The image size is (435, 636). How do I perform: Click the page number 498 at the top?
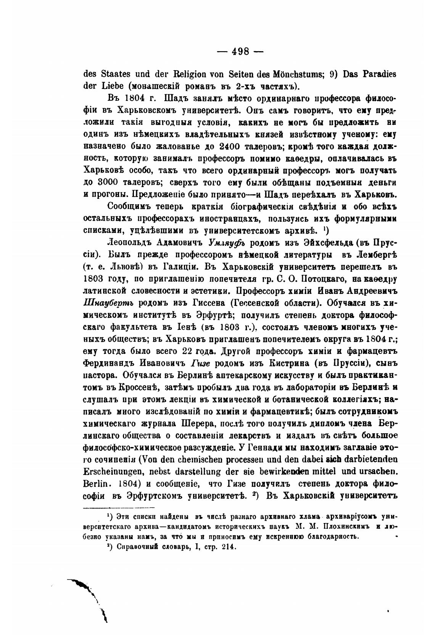[243, 51]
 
